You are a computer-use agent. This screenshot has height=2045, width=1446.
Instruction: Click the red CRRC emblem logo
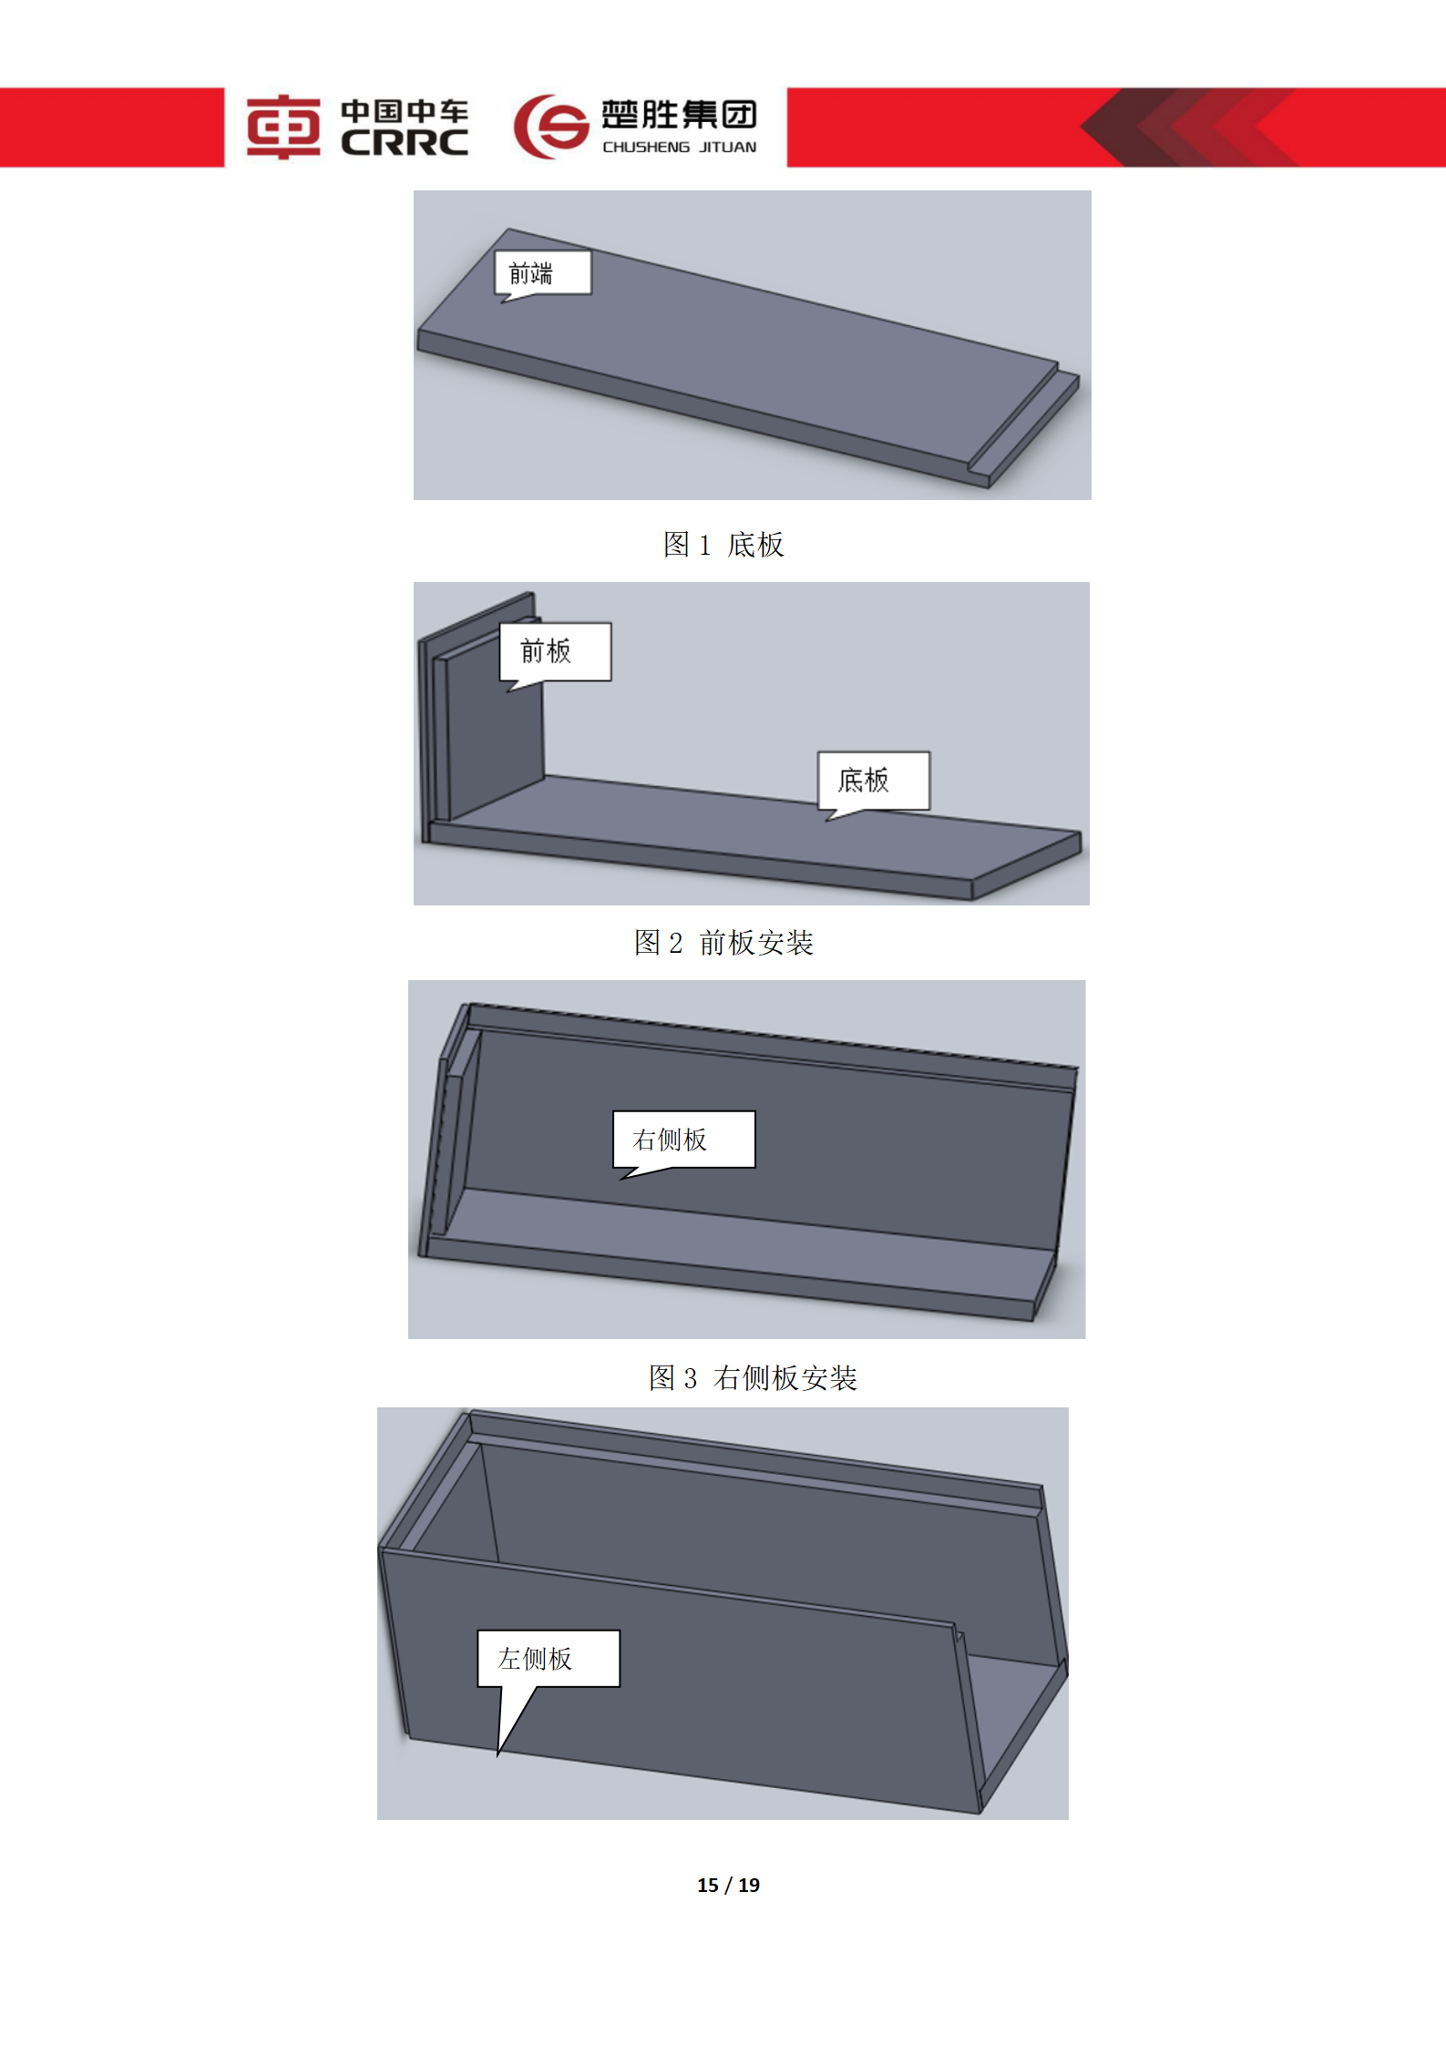(x=283, y=127)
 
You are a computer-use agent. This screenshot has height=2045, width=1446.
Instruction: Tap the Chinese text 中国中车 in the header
(x=405, y=111)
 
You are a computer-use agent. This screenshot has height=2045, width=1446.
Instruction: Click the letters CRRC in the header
(x=405, y=143)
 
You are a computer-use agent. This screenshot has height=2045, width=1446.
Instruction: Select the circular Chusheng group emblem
(x=549, y=127)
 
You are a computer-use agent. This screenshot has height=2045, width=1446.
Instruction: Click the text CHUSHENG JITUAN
(x=679, y=147)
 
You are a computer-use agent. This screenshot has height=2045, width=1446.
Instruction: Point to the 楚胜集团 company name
(x=679, y=114)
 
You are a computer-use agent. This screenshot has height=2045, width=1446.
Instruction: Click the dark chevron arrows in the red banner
(x=1184, y=127)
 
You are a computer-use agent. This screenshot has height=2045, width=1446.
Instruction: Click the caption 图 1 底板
(x=723, y=545)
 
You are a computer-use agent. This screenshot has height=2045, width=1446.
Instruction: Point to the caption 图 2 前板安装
(x=723, y=943)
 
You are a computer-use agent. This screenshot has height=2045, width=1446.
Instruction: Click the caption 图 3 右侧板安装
(x=753, y=1378)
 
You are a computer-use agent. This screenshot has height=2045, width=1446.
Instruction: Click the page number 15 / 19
(x=728, y=1885)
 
